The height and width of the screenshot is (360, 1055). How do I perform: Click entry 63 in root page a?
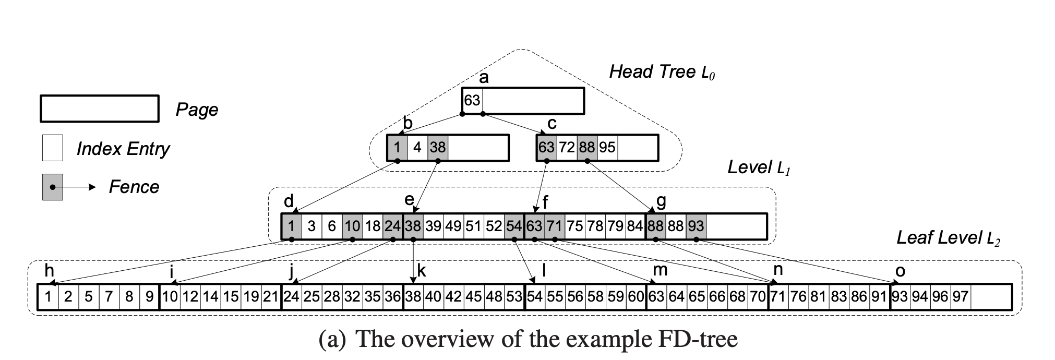click(x=472, y=100)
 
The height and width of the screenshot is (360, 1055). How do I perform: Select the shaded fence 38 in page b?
click(x=437, y=148)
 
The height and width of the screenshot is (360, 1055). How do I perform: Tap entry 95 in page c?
click(x=607, y=148)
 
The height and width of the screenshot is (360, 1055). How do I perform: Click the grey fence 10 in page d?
click(x=352, y=226)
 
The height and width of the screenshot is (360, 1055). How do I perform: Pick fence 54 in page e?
click(x=514, y=226)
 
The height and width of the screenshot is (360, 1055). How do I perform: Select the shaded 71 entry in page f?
click(x=555, y=226)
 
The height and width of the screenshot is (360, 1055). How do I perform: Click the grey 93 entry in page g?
click(x=696, y=226)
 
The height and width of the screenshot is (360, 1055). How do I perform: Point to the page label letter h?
click(x=49, y=271)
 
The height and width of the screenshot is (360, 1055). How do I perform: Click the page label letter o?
click(x=900, y=271)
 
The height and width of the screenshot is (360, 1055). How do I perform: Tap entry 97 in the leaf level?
click(x=960, y=297)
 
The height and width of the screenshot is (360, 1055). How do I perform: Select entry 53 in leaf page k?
click(x=514, y=297)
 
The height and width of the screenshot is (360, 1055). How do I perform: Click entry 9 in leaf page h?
click(x=149, y=297)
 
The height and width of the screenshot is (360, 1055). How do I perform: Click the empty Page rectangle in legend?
click(x=99, y=109)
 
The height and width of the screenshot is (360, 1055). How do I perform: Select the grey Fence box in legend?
click(x=52, y=187)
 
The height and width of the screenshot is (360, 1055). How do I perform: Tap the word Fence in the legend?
click(x=134, y=187)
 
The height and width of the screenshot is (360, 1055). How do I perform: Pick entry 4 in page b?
click(x=417, y=148)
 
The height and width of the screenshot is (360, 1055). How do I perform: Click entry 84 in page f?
click(x=635, y=226)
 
